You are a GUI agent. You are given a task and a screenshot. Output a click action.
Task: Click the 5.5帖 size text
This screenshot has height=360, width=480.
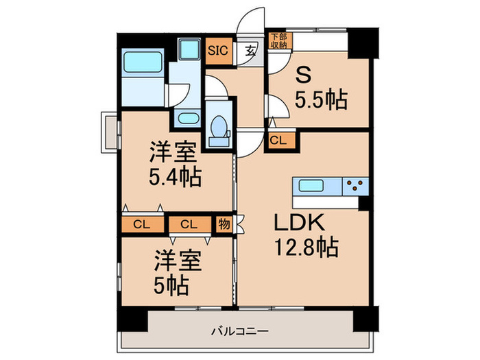(322, 100)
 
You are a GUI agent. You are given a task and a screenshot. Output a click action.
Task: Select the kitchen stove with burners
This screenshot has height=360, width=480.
(355, 186)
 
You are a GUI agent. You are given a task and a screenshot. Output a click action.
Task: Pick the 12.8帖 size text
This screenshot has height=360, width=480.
(307, 248)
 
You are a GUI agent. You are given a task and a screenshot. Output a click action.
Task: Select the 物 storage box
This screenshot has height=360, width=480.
(224, 224)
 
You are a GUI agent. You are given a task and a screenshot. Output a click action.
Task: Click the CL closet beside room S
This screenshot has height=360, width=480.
(278, 141)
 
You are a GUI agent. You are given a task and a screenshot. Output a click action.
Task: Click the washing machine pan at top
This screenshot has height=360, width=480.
(187, 49)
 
